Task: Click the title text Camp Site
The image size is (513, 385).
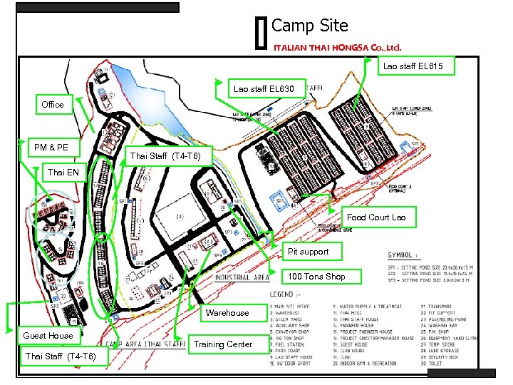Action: tap(310, 26)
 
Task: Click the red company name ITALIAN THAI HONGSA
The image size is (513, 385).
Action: tap(338, 48)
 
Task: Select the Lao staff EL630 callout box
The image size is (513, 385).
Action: tap(264, 89)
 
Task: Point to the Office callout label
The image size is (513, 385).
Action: tap(53, 105)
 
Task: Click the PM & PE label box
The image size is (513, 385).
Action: tap(51, 148)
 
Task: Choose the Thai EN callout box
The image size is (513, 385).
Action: tap(63, 172)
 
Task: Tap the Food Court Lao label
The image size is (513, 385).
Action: tap(376, 217)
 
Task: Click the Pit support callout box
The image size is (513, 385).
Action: tap(308, 252)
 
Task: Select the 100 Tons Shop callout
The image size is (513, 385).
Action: tap(316, 277)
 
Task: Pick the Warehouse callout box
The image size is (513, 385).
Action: tap(227, 313)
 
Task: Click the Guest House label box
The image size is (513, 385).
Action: tap(48, 336)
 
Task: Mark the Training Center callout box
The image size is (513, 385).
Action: tap(223, 344)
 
